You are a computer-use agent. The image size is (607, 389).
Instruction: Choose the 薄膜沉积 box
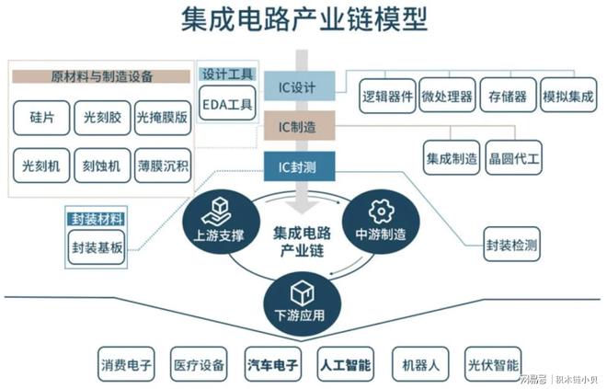(x=163, y=166)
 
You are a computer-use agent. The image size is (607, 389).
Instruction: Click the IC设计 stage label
(x=296, y=88)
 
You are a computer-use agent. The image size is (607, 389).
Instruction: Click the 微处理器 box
(x=447, y=95)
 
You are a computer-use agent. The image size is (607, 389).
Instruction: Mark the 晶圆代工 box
(x=515, y=157)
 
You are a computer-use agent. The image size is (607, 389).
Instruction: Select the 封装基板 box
(x=96, y=246)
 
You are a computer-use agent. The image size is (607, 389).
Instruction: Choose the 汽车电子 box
(x=273, y=365)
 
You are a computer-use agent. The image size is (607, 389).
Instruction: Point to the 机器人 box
(x=420, y=365)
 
